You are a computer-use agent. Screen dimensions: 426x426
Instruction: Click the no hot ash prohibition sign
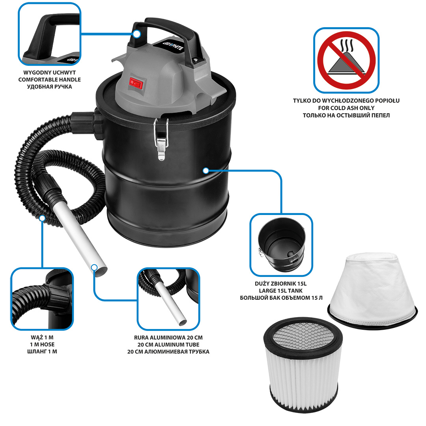coord(346,60)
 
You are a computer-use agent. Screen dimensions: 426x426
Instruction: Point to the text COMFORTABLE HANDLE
coord(49,80)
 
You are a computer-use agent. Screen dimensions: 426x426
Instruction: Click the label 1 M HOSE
coord(42,344)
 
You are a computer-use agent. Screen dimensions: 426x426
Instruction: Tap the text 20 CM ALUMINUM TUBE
coord(168,344)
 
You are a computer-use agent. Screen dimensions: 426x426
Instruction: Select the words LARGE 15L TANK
coord(281,291)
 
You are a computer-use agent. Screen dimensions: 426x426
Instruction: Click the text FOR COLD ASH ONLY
coord(346,108)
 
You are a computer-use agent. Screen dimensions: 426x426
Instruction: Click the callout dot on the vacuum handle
coord(137,34)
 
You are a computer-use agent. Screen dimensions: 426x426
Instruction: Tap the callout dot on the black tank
coord(206,171)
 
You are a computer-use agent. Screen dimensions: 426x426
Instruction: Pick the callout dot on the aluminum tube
coord(94,267)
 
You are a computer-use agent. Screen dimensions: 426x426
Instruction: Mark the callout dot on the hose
coord(42,218)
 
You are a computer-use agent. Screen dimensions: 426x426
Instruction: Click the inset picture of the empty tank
coord(281,245)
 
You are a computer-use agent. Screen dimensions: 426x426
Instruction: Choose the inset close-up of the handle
coord(49,34)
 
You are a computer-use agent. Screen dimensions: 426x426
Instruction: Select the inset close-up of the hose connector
coord(42,299)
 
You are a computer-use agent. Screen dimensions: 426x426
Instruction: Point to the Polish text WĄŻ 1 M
coord(42,337)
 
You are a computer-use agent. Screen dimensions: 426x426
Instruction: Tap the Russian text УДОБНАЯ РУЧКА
coord(49,87)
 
